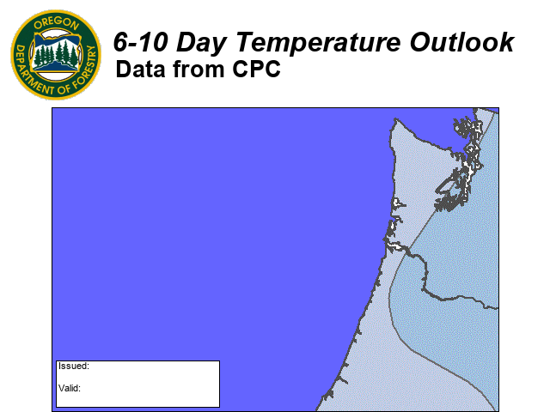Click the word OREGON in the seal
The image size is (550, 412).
[x=56, y=23]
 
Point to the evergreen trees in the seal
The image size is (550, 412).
[x=56, y=54]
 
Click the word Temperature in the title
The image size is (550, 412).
[x=318, y=42]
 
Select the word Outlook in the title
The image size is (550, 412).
[x=461, y=42]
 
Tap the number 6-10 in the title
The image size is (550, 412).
[x=140, y=42]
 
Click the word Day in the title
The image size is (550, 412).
[x=201, y=44]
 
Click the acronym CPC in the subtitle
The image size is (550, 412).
[x=256, y=69]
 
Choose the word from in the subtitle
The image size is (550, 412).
[x=199, y=69]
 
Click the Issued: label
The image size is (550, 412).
[x=74, y=367]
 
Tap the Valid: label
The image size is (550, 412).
[x=70, y=388]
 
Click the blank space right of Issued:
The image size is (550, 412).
[x=155, y=367]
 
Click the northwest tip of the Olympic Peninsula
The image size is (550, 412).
[x=395, y=119]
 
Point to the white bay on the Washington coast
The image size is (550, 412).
[x=397, y=203]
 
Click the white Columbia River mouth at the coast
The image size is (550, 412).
[x=394, y=245]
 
